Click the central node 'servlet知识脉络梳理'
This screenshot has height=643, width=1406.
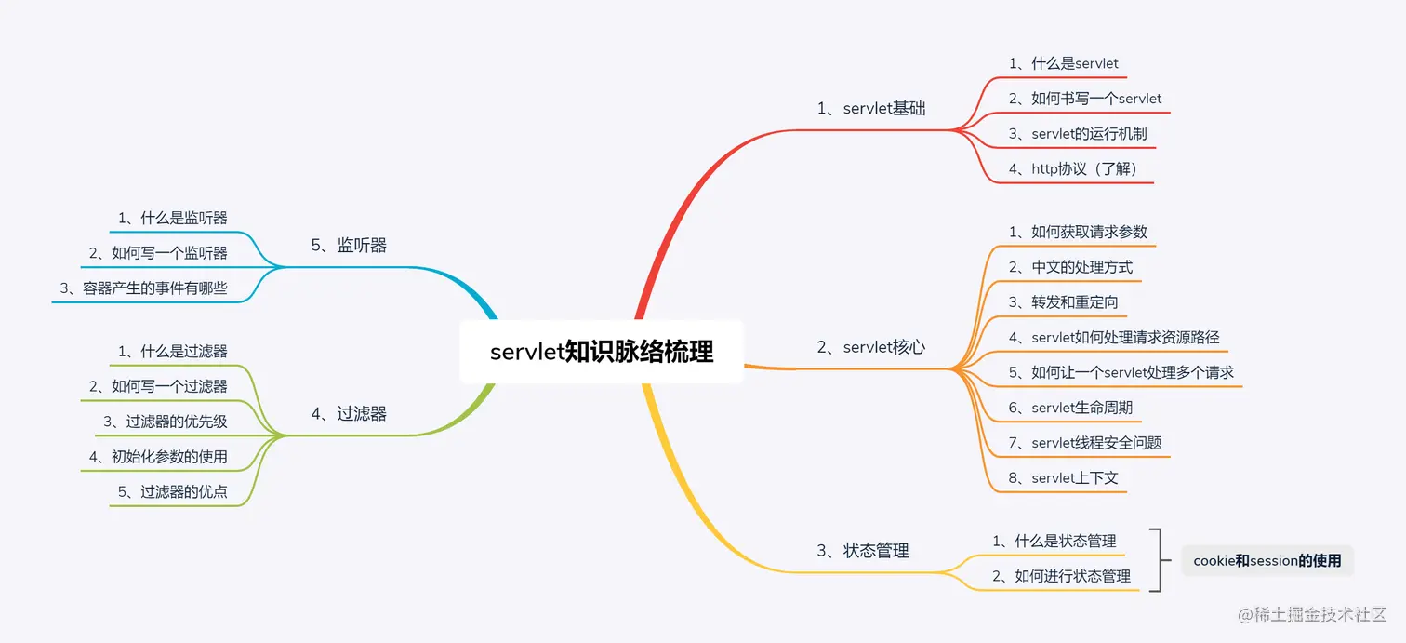[602, 353]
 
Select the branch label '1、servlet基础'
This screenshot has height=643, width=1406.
[871, 108]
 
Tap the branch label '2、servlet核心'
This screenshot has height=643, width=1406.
[871, 348]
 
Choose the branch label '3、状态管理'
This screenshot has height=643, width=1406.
[862, 551]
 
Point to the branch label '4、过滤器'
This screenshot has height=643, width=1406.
[349, 414]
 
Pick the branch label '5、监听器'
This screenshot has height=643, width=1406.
[349, 246]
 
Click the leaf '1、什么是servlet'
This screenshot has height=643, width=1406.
[1064, 64]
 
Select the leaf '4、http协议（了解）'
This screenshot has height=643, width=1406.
[1073, 169]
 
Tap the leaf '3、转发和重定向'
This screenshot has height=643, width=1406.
[1063, 302]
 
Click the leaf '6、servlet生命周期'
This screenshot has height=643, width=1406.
[1070, 408]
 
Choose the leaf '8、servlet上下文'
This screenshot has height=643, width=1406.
[1063, 478]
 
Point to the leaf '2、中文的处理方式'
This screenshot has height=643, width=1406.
[1070, 267]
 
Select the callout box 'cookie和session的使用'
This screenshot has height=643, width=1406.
[1267, 561]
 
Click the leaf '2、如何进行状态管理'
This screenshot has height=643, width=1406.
[1061, 577]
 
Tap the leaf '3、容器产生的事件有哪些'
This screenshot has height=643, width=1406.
[144, 288]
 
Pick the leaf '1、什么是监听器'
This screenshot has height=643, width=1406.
[173, 219]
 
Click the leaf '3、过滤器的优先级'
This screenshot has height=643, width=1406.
[166, 422]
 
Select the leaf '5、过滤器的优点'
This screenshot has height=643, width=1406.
[173, 492]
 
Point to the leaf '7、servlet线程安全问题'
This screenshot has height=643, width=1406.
[1085, 443]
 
